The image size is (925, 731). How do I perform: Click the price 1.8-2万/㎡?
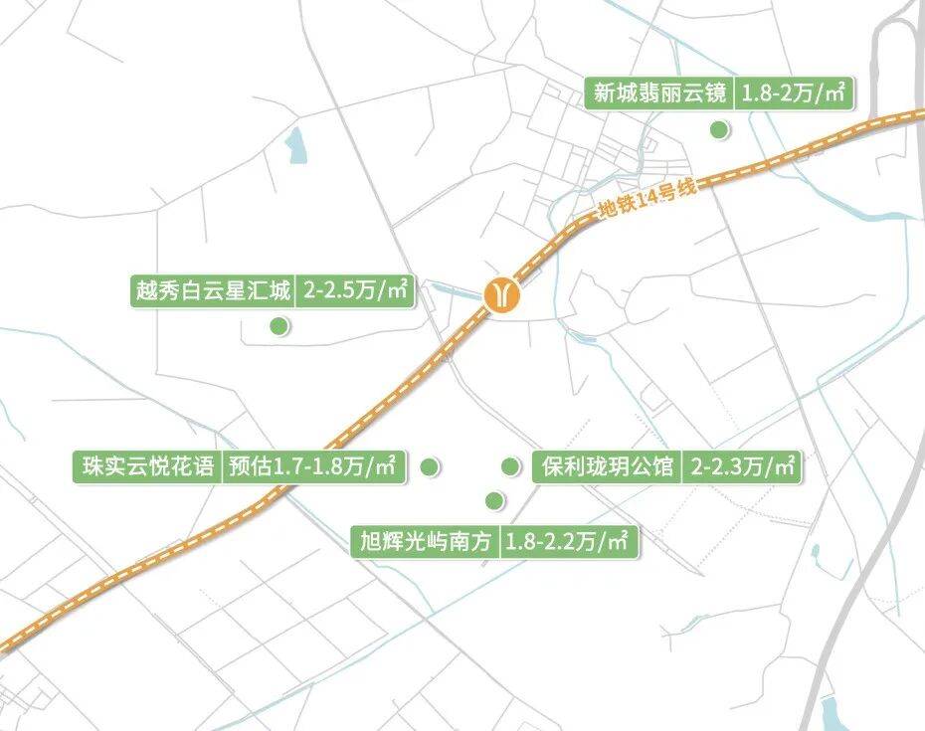[x=794, y=94]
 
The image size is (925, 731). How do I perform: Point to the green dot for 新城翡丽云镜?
[x=715, y=129]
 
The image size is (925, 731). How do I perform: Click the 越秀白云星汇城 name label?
[x=213, y=291]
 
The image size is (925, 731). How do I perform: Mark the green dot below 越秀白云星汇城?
[x=279, y=325]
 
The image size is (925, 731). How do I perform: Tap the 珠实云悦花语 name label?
[x=145, y=466]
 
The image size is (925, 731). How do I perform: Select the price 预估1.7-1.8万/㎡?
[x=312, y=466]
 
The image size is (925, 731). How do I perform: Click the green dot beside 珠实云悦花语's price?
[x=430, y=465]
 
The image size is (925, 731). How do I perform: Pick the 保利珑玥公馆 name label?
[x=608, y=466]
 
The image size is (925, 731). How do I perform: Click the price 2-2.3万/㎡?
[x=742, y=466]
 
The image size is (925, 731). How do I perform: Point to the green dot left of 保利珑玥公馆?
[x=510, y=465]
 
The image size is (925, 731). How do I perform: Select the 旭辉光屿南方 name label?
[x=427, y=542]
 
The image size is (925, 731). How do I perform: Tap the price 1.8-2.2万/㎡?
[x=566, y=542]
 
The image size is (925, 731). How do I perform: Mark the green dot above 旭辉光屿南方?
[x=491, y=500]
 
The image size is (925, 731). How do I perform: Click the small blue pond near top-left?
[x=296, y=146]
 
